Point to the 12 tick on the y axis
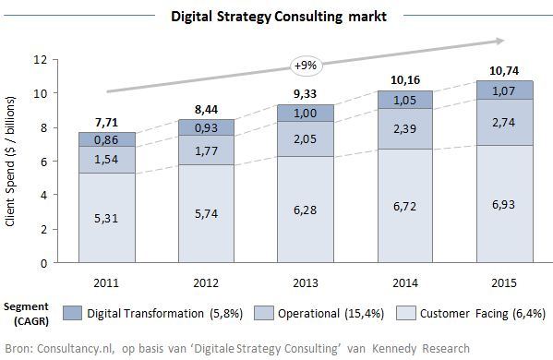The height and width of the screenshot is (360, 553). [40, 59]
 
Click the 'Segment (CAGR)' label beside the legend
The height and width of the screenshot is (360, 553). [26, 313]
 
